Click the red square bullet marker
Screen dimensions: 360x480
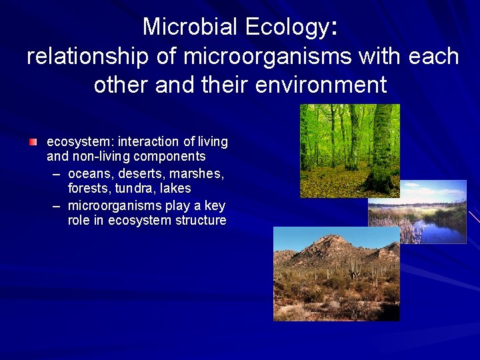coord(33,142)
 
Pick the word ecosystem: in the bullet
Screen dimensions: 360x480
coord(80,142)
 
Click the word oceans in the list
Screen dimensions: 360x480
coord(90,173)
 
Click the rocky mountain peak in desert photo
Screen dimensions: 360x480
coord(330,243)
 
